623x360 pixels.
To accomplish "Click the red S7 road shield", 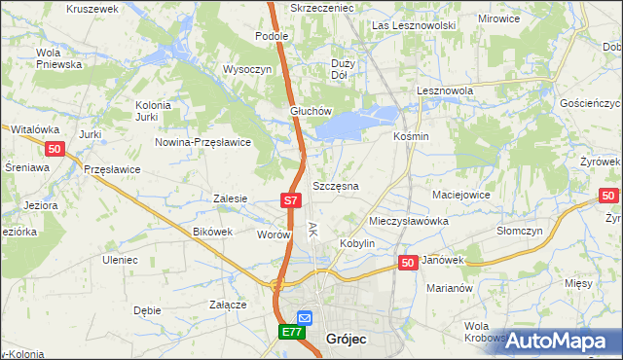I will [x=290, y=200].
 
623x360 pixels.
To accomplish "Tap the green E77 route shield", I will [x=291, y=333].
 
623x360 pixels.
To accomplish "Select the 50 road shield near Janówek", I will [x=409, y=263].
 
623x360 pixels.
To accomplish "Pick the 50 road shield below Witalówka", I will [x=54, y=148].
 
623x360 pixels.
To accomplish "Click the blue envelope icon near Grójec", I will [x=305, y=317].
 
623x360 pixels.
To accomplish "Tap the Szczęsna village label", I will [x=336, y=185].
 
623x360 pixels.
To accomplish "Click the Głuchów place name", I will [x=311, y=111].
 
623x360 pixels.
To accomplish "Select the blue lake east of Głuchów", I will [x=355, y=122].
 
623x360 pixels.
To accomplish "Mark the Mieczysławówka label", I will [x=409, y=221].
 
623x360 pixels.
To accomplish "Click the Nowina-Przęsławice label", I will [x=204, y=141].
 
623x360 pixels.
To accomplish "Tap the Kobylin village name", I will [x=356, y=242].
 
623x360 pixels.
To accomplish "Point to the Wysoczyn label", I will [x=246, y=70].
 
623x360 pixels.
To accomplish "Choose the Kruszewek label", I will [x=92, y=8].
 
